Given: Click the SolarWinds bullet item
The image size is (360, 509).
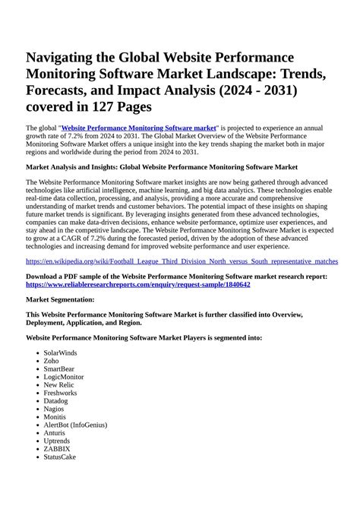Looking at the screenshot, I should [62, 353].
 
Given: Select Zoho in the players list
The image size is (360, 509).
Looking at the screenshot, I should [51, 361].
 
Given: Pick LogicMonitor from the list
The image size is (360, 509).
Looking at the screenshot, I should [64, 377].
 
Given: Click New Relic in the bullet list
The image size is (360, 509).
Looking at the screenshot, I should [58, 384].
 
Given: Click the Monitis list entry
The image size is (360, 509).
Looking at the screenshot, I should [55, 416].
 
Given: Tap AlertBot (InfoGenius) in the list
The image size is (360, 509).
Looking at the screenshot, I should [75, 425].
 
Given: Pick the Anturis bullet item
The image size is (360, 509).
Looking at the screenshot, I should [55, 432].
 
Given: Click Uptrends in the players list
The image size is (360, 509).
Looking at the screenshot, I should [57, 441].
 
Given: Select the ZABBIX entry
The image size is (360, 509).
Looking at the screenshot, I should [57, 448].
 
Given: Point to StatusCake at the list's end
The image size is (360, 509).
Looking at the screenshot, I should [60, 457].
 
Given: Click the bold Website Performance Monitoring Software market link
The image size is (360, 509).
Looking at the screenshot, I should [139, 128].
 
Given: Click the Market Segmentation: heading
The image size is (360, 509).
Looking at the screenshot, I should [60, 300].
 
